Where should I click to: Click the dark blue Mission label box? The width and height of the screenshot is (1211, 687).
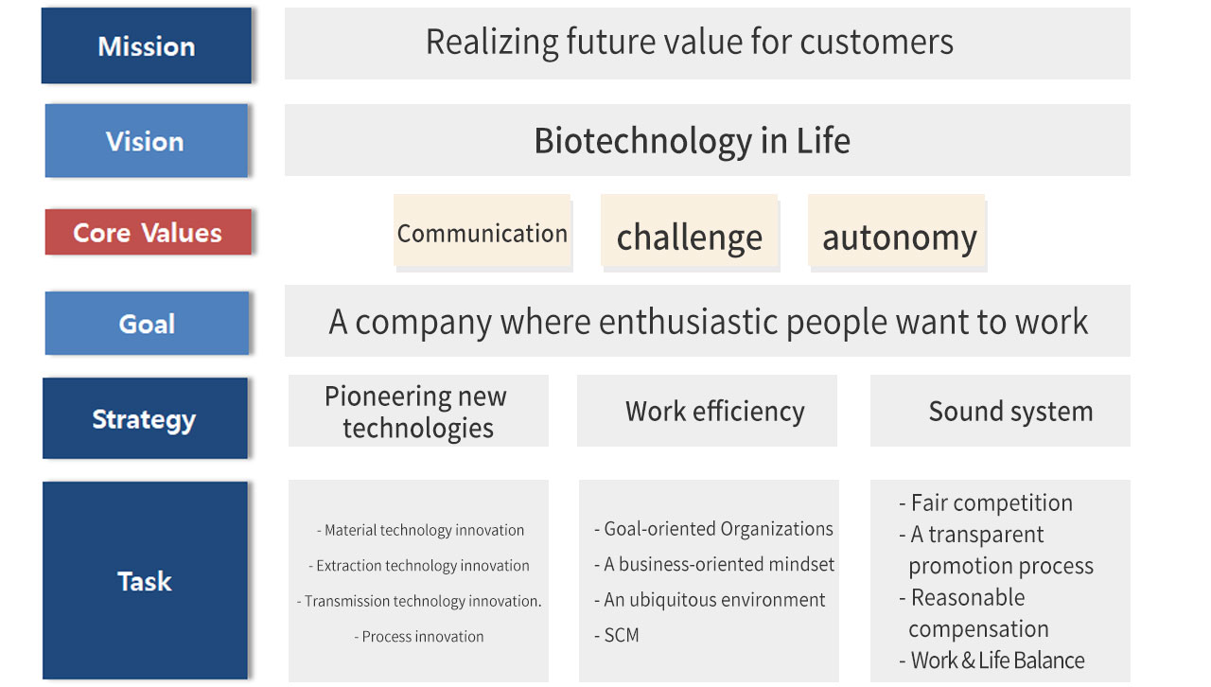147,45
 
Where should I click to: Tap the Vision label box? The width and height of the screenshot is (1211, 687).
147,141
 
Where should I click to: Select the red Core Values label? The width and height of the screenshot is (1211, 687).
149,232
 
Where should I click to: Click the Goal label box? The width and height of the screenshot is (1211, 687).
147,324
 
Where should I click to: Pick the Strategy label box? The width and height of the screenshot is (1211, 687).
145,418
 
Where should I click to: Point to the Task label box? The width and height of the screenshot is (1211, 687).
145,580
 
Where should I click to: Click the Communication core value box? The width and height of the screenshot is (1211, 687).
482,231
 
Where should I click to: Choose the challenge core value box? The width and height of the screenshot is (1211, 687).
690,231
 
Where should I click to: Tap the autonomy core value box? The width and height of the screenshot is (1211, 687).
896,231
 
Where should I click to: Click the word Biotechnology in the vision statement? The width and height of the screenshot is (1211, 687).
643,142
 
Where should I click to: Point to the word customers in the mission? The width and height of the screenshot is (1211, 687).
876,43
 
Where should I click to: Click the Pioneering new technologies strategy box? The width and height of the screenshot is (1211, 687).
418,411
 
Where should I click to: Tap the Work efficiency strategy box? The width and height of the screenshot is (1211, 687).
707,411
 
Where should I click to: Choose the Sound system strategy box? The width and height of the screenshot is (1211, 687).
1000,411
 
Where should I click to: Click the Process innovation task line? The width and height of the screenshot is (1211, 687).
419,637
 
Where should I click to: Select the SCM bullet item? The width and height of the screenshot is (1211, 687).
616,635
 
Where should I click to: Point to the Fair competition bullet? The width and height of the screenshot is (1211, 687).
986,503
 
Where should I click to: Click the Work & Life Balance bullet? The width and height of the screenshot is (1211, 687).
992,661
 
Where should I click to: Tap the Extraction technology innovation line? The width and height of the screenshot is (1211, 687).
419,566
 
